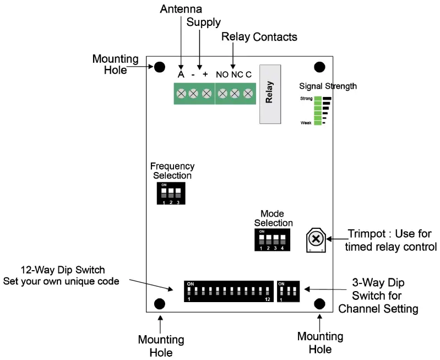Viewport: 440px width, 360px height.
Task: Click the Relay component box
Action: click(x=270, y=93)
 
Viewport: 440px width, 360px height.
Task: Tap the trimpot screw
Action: click(x=315, y=239)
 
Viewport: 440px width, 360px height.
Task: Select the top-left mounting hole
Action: click(x=159, y=67)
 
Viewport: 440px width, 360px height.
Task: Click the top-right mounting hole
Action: click(x=319, y=67)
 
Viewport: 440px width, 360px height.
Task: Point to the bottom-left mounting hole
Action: click(x=160, y=304)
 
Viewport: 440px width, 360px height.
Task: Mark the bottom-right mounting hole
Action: click(x=319, y=304)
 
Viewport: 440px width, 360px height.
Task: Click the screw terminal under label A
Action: click(x=181, y=94)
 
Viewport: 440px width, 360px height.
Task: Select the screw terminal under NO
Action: click(x=222, y=94)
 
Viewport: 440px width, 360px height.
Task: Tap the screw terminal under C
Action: click(x=248, y=94)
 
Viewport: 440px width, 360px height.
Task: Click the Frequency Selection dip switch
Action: click(x=171, y=194)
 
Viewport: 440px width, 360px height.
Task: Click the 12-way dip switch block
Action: click(x=229, y=291)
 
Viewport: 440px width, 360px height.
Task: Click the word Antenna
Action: click(x=181, y=9)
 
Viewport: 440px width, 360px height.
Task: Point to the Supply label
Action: click(x=203, y=23)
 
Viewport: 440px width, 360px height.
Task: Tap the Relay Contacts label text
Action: click(x=259, y=37)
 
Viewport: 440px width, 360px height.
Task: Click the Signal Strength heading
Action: click(x=328, y=86)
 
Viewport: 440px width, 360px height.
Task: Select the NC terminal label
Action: click(x=236, y=74)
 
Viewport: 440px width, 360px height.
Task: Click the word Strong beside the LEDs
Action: click(x=306, y=98)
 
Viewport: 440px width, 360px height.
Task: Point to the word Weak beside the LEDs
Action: click(x=306, y=122)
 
